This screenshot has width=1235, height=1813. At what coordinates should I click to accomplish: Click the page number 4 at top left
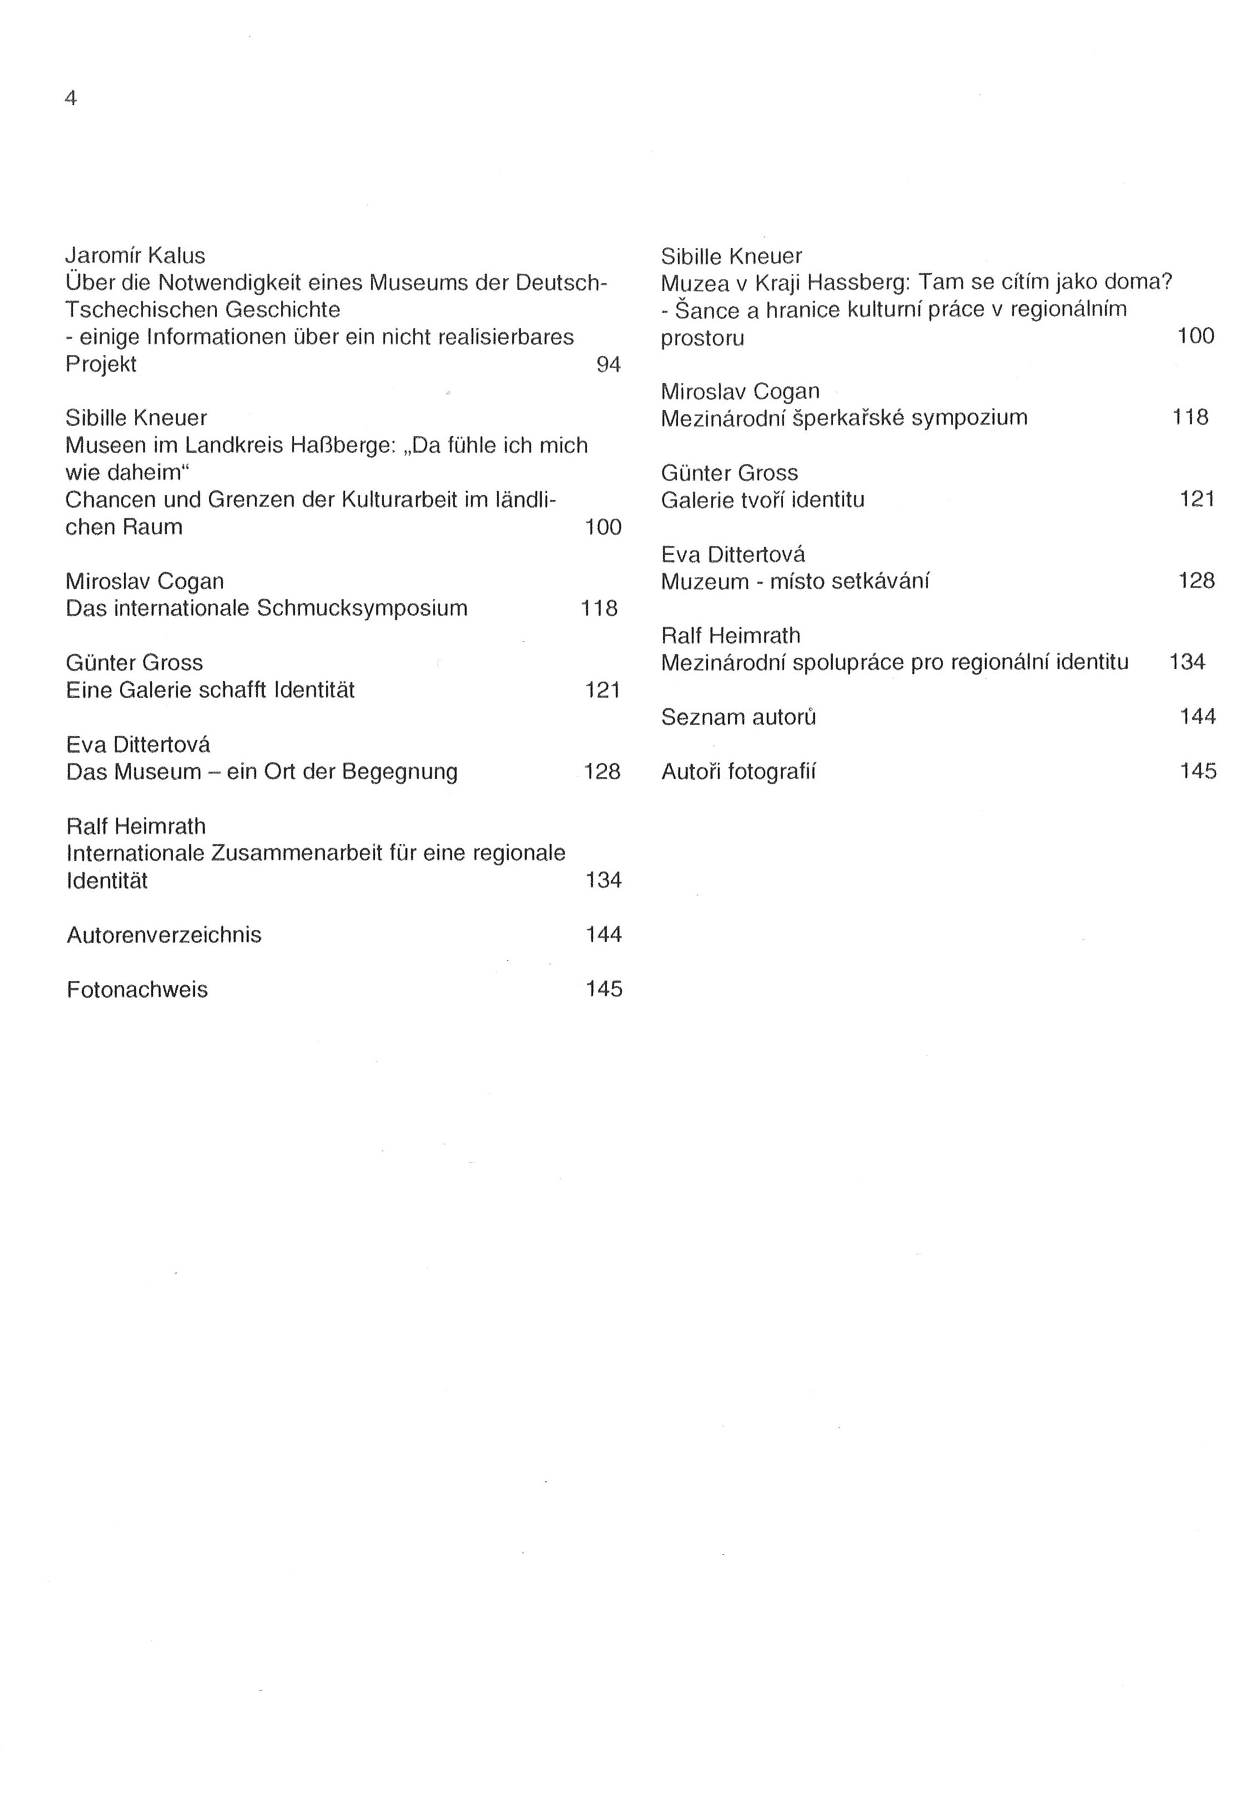coord(71,99)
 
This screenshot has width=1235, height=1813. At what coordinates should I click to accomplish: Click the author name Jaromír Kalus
coord(135,256)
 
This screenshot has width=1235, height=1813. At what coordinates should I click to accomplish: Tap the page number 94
coord(608,364)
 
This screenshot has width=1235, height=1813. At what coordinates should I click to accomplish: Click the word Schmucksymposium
coord(362,608)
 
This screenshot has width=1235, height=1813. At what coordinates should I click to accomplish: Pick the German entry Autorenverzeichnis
coord(164,935)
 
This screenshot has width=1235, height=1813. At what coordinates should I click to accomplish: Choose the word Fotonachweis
coord(137,989)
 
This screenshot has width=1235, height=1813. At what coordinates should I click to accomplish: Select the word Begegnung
coord(399,772)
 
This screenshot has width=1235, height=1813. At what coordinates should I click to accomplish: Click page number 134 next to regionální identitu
coord(1187,662)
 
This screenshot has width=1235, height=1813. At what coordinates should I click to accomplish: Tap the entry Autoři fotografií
coord(738,772)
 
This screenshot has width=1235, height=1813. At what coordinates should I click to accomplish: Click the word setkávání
coord(880,581)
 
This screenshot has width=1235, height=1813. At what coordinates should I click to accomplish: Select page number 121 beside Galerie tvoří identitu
coord(1197,498)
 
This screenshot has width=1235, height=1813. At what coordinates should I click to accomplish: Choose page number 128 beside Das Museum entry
coord(602,772)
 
